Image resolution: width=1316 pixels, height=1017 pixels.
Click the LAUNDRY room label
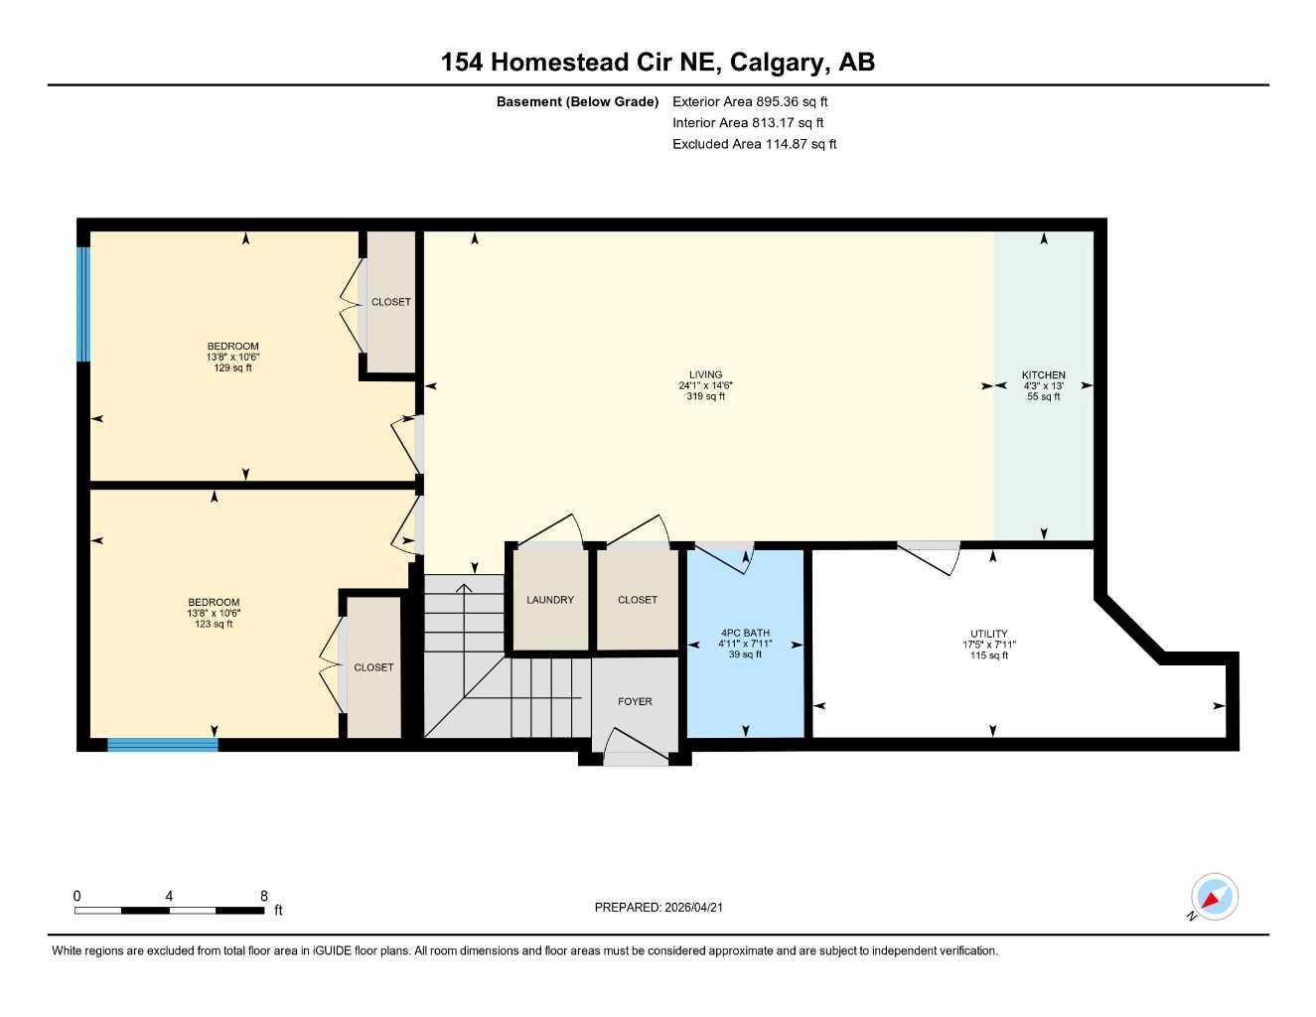[549, 600]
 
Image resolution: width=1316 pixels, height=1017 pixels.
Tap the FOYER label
[635, 701]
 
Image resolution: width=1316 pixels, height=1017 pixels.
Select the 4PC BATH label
[745, 634]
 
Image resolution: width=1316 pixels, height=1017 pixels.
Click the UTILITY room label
[988, 634]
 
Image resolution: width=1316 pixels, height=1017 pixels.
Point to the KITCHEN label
[1043, 375]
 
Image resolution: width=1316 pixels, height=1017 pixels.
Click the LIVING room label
[705, 375]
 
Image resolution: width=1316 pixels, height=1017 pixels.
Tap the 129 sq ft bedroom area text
[232, 368]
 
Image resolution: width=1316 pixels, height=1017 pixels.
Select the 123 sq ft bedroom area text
[214, 625]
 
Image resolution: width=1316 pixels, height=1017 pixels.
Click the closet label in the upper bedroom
[390, 302]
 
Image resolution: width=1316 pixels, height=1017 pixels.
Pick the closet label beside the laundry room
[637, 600]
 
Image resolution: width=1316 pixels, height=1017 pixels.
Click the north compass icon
[1213, 898]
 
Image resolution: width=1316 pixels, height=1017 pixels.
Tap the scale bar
[169, 910]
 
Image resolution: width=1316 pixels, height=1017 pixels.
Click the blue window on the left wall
[84, 304]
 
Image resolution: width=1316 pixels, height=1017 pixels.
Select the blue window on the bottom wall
[162, 745]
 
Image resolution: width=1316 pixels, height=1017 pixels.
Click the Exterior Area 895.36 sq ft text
[750, 101]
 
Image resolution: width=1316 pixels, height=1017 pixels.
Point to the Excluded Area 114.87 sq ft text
[754, 144]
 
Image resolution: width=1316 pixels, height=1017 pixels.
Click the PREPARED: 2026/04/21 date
[658, 907]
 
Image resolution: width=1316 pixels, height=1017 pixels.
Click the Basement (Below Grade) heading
[577, 101]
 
